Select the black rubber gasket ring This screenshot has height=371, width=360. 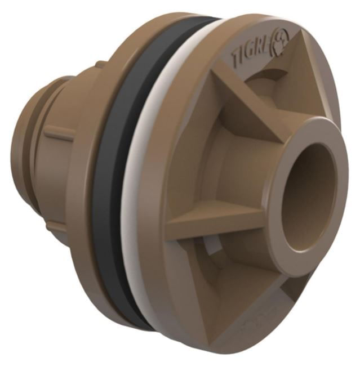(107, 186)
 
